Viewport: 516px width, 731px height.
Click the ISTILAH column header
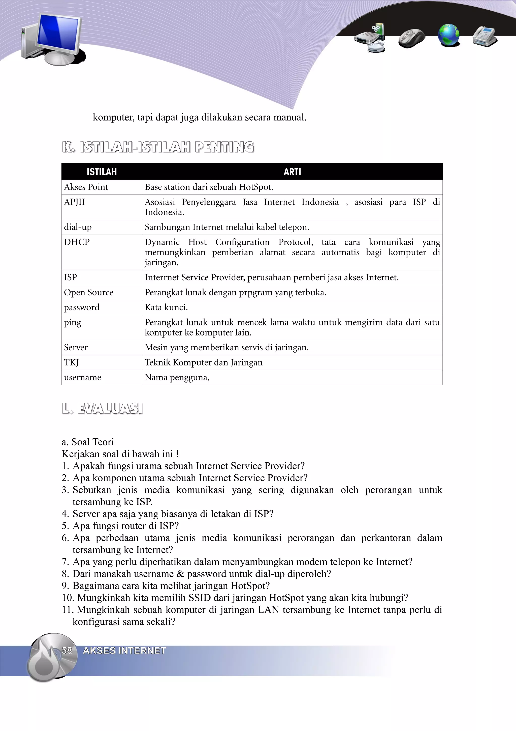[102, 172]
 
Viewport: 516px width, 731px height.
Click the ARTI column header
[292, 172]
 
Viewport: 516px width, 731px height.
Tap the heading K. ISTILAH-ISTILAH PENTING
[158, 147]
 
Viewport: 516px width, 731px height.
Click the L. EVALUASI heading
[102, 408]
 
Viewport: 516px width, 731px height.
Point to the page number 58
[67, 651]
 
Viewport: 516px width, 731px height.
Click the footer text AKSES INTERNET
[124, 651]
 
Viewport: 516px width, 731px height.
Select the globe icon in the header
[448, 35]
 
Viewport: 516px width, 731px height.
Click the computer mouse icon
[412, 38]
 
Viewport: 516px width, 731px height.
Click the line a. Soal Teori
[88, 442]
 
